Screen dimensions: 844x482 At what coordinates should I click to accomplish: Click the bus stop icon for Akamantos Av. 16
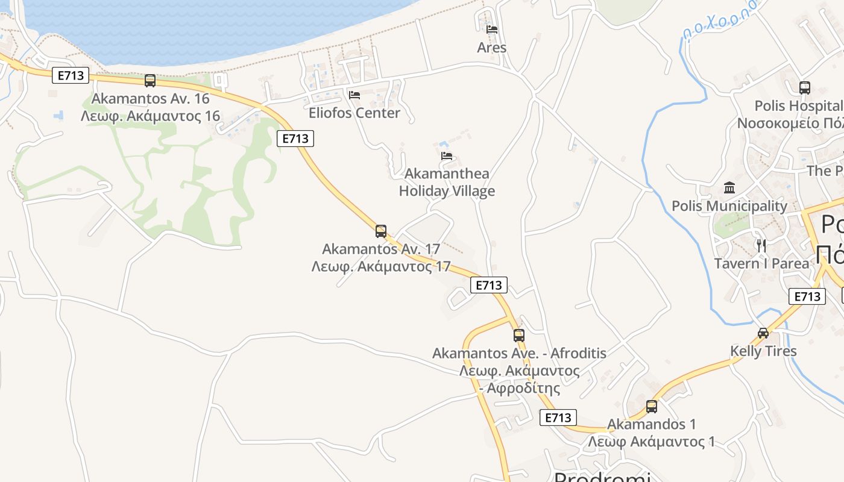150,80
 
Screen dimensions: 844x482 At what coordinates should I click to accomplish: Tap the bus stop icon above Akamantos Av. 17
381,231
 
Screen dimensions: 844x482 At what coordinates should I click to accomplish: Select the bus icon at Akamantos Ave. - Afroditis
519,335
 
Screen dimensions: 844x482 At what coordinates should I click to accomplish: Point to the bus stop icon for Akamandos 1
652,406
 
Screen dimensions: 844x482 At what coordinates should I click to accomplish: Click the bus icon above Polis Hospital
805,88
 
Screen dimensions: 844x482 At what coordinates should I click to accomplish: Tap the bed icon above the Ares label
492,29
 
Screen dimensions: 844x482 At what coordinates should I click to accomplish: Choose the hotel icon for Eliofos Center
354,95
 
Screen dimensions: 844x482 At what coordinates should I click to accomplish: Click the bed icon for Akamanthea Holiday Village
447,155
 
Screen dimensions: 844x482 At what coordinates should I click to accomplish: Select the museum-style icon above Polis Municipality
729,188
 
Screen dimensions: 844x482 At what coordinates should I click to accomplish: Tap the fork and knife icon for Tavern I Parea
761,245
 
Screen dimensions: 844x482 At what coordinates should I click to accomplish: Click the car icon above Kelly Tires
763,333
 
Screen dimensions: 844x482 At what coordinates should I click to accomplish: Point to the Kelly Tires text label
763,351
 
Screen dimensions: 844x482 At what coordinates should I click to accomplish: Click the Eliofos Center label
354,113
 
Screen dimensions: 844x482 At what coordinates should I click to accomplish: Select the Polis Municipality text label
729,206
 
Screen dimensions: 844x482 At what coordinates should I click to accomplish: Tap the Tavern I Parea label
761,263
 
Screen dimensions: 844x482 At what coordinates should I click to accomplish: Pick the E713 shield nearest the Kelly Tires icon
807,296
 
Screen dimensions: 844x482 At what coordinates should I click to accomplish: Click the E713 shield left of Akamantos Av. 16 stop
71,75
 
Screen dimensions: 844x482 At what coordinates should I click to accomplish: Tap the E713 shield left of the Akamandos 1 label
558,417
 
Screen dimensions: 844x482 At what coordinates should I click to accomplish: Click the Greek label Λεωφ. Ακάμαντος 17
381,266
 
